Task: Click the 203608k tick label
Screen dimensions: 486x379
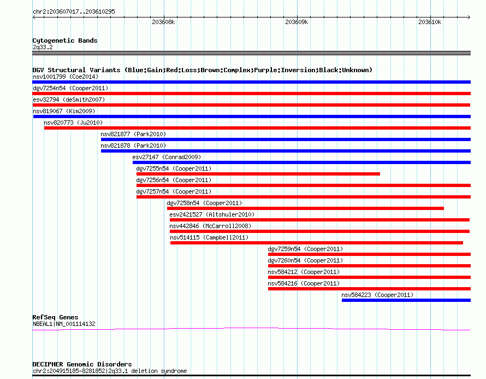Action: [163, 22]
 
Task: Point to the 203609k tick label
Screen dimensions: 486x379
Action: [297, 22]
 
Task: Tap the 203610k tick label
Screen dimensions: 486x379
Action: [430, 22]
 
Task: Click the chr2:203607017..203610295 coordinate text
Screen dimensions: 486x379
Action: [74, 12]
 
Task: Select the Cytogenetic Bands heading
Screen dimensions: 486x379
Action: [65, 40]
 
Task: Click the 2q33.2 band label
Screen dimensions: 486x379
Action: [43, 47]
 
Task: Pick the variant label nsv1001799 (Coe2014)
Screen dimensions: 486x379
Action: [66, 77]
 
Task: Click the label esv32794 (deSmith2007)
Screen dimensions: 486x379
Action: [69, 100]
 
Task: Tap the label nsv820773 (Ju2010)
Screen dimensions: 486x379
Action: [73, 123]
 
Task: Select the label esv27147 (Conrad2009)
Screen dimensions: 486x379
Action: [167, 157]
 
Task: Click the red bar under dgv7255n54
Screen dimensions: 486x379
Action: [258, 174]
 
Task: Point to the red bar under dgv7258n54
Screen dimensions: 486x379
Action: [305, 208]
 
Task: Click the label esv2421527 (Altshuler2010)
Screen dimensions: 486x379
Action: [212, 214]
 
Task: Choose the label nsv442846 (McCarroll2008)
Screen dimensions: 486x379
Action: [210, 226]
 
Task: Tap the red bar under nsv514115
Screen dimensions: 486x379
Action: [317, 243]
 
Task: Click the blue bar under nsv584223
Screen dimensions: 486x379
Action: [406, 300]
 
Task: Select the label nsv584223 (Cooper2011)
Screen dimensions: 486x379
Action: [377, 295]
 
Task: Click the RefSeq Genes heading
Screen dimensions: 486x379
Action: [55, 317]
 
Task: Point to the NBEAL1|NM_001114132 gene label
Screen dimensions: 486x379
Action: [64, 324]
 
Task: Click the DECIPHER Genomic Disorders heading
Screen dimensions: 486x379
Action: [82, 364]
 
